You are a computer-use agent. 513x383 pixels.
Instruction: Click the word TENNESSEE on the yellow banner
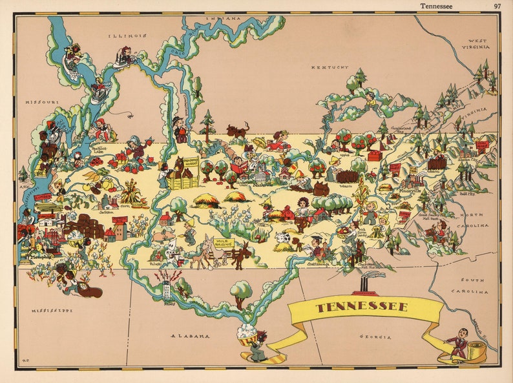click(362, 306)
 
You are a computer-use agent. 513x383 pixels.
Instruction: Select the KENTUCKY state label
click(329, 67)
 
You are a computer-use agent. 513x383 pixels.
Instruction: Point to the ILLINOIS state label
click(127, 36)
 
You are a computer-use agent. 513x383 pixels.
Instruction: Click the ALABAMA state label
click(190, 336)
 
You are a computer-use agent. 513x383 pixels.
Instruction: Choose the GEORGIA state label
click(375, 336)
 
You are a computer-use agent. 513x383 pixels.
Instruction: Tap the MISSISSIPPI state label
click(51, 311)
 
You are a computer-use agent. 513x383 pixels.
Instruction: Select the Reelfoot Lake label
click(100, 150)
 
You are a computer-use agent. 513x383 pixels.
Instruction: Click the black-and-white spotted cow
click(282, 241)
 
